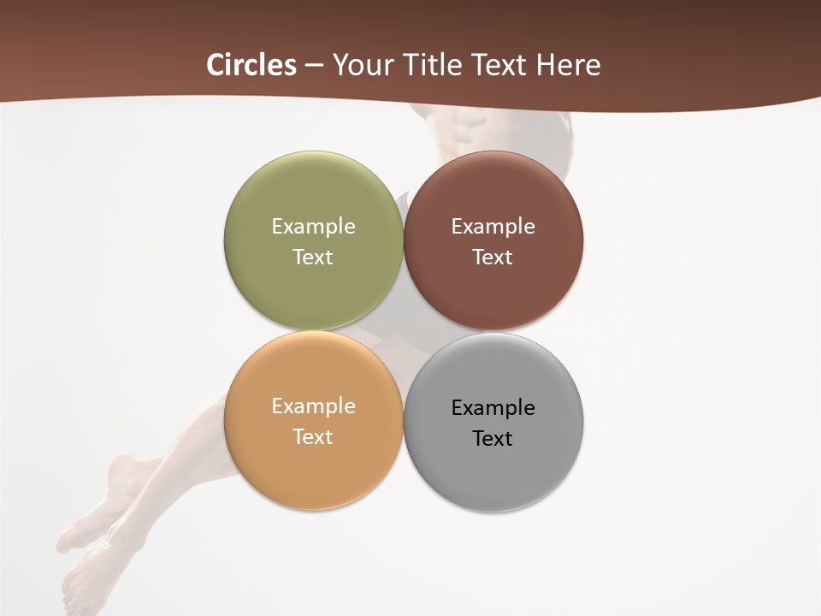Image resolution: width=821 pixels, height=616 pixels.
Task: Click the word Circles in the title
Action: pos(251,65)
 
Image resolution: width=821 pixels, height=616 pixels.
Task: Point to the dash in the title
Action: pos(314,66)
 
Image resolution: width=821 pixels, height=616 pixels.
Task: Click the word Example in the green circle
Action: pos(313,227)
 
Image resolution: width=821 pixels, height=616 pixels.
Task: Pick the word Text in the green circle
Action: pos(313,257)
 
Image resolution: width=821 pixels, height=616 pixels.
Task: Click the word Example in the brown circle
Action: pos(493,227)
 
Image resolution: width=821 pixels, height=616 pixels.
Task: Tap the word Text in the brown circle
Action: pos(493,257)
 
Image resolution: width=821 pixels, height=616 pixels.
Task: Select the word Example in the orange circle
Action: pos(313,406)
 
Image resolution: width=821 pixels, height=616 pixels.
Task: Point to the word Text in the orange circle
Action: pos(313,436)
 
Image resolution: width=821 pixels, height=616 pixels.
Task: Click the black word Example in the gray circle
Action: pos(493,408)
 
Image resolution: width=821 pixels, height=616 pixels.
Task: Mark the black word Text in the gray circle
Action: pos(493,438)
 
